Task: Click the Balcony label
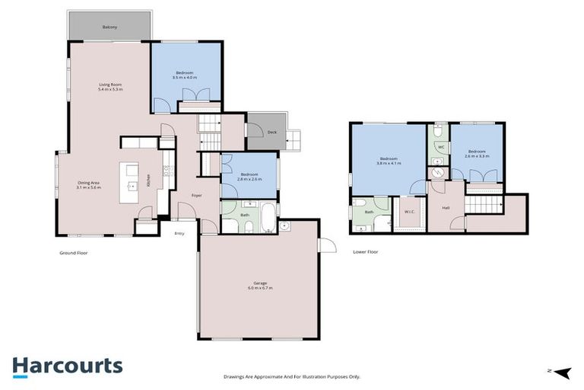[109, 27]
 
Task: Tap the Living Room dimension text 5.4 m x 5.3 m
[110, 89]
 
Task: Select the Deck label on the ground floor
[271, 133]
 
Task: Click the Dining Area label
[89, 183]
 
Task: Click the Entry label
[179, 233]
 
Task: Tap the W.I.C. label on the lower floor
[409, 212]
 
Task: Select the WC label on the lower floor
[440, 147]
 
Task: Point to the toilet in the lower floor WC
[438, 131]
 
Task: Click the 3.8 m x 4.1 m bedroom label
[389, 162]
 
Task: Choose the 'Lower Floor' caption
[365, 251]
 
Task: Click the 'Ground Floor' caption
[74, 251]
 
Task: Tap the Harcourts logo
[67, 366]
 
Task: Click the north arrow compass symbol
[560, 372]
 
